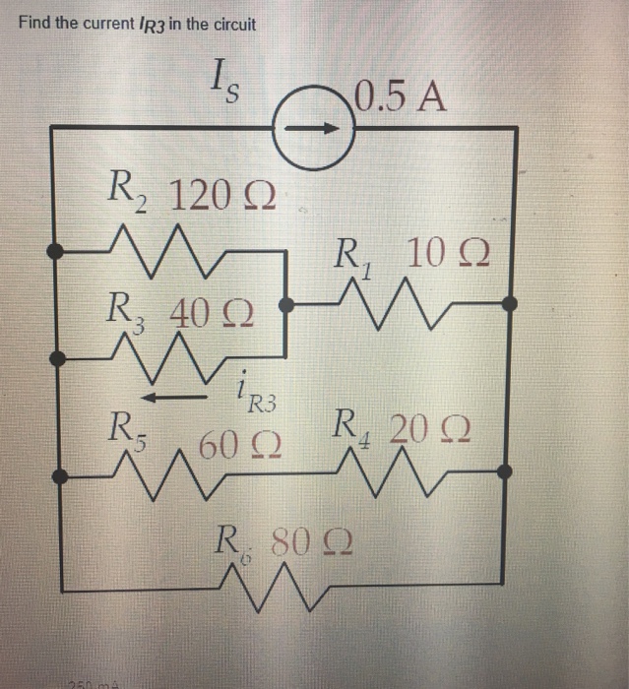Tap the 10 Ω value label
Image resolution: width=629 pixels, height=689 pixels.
point(451,253)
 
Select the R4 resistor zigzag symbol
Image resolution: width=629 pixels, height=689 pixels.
point(398,474)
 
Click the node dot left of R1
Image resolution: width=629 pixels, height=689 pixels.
point(285,305)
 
